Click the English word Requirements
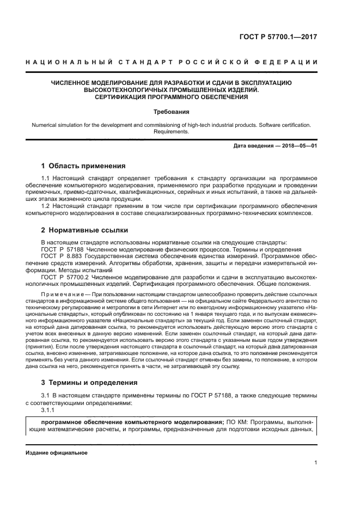[x=172, y=131]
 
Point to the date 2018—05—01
[x=300, y=146]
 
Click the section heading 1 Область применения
[x=83, y=165]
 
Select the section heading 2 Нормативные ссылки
[x=82, y=231]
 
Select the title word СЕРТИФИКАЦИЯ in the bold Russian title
[x=119, y=97]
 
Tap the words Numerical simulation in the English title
[x=57, y=125]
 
